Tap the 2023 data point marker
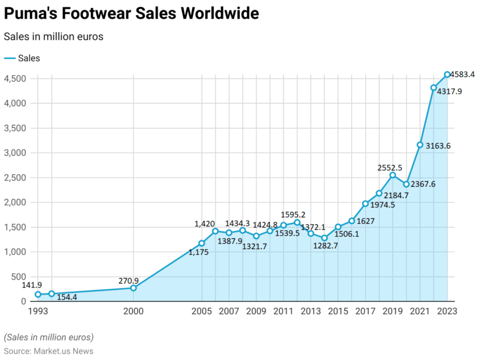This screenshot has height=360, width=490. tap(447, 74)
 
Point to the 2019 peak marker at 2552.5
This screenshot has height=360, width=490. tap(393, 175)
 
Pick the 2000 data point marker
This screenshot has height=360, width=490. tap(134, 288)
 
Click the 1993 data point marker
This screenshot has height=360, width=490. tap(38, 295)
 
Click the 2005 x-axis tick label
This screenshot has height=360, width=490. tap(202, 311)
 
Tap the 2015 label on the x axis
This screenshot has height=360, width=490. tap(338, 311)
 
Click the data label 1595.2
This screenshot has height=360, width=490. tap(293, 214)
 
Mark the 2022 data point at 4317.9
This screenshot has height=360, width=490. tap(433, 88)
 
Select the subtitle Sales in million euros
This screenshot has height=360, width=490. tap(54, 37)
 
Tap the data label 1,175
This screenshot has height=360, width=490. tap(198, 253)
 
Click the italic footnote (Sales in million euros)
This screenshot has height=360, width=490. tap(48, 337)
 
